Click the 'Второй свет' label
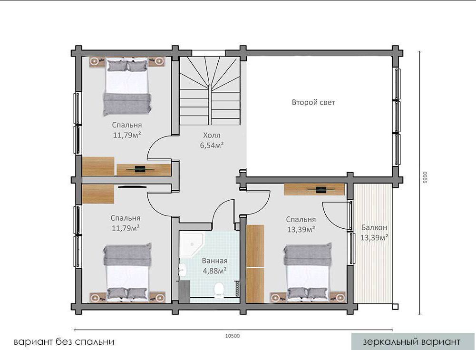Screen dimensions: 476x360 (x=313, y=102)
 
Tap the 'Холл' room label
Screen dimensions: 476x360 (x=212, y=135)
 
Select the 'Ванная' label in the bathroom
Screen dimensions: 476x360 (x=214, y=261)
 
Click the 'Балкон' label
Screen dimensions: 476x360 (x=374, y=227)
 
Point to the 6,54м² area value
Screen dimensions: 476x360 (x=212, y=145)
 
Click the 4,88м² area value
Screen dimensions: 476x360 (x=214, y=271)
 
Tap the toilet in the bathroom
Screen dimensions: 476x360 (x=219, y=290)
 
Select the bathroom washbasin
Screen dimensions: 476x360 (x=183, y=270)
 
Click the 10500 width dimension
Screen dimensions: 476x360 (x=233, y=336)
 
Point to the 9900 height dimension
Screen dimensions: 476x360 (x=425, y=177)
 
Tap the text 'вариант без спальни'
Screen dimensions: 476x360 (x=64, y=342)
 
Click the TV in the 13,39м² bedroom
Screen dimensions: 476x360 (x=321, y=190)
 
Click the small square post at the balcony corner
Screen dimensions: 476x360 (x=395, y=307)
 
